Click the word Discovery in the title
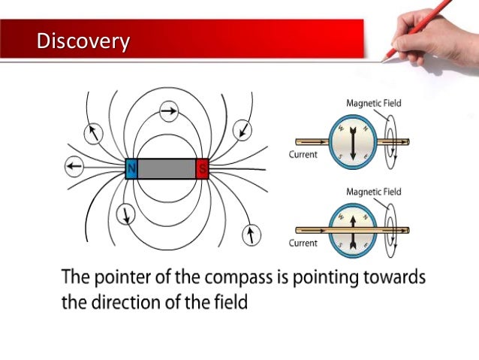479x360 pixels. point(83,40)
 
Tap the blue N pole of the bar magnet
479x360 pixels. point(131,169)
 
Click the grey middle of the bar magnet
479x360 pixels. point(167,169)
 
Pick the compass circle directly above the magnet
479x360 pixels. point(170,112)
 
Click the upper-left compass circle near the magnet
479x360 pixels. point(94,133)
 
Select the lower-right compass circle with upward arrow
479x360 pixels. point(252,234)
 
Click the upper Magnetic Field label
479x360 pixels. point(375,103)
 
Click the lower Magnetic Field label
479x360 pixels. point(375,192)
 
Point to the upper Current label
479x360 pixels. point(303,155)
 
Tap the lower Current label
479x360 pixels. point(303,244)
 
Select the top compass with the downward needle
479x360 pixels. point(351,141)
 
